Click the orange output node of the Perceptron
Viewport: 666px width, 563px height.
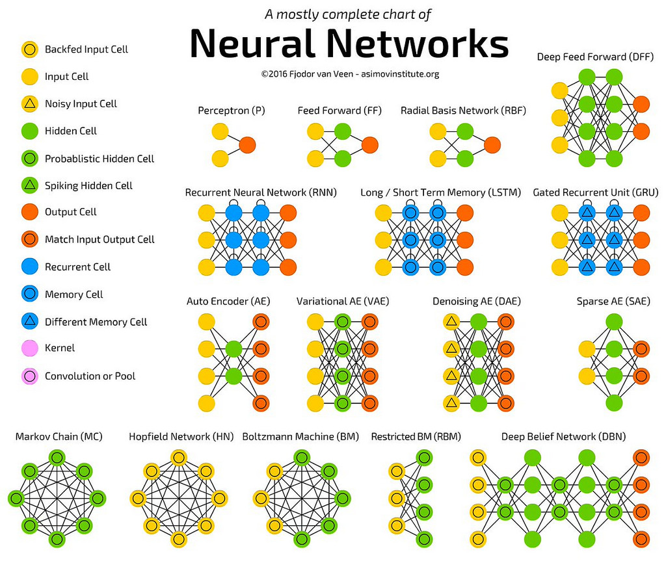tap(247, 144)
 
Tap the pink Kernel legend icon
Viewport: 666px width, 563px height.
tap(29, 348)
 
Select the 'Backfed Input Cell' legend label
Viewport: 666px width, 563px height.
tap(86, 49)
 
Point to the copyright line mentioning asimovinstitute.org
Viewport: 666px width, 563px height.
tap(350, 74)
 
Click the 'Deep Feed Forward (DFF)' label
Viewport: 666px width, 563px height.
tap(595, 57)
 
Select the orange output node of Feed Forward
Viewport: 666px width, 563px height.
tap(369, 144)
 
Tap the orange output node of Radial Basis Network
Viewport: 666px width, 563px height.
tap(492, 144)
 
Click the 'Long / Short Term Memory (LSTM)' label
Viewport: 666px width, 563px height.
tap(442, 192)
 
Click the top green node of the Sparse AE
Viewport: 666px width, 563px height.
tap(613, 321)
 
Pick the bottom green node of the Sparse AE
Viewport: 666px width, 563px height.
tap(613, 402)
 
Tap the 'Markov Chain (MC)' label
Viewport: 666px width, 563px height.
tap(59, 437)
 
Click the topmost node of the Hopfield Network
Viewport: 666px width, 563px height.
tap(179, 457)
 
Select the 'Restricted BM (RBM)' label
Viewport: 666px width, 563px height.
tap(410, 437)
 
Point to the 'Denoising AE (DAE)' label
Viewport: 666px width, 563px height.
tap(477, 302)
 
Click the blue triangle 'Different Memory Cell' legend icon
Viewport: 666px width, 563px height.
tap(29, 321)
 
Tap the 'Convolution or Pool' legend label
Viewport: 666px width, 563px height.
tap(90, 376)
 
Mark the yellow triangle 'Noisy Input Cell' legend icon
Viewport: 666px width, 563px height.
tap(29, 103)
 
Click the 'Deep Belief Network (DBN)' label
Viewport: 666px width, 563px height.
tap(563, 437)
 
